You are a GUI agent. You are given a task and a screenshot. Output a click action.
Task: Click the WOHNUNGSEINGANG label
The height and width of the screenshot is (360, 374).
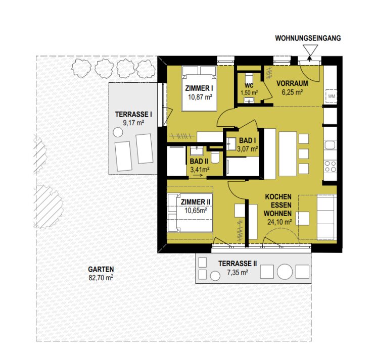click(x=308, y=38)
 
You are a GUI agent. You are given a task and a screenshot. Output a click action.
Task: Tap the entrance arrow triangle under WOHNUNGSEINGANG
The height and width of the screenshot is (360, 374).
click(x=310, y=50)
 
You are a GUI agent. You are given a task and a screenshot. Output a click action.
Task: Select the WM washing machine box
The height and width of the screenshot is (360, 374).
click(x=332, y=96)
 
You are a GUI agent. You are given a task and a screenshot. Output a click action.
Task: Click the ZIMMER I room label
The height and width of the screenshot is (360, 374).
click(x=199, y=88)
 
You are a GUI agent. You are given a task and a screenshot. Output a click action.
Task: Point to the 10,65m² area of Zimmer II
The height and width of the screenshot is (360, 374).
click(x=196, y=211)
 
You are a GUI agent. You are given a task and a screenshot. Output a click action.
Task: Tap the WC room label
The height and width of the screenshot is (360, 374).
click(x=249, y=85)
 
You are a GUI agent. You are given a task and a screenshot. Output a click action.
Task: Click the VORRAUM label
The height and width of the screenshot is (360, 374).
click(x=292, y=83)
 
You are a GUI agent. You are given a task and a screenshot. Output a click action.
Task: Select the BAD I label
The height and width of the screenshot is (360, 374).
click(x=248, y=140)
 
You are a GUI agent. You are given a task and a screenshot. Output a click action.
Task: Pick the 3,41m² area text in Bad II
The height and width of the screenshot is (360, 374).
click(x=200, y=170)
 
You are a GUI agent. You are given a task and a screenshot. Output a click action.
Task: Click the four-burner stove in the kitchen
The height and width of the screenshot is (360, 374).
click(x=331, y=166)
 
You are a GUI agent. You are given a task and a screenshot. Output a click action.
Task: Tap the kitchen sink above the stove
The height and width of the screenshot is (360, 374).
click(x=331, y=145)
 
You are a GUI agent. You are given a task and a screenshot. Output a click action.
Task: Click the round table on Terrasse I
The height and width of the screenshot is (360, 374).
click(x=118, y=132)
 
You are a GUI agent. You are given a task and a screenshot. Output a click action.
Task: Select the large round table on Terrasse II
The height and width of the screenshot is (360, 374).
click(x=285, y=272)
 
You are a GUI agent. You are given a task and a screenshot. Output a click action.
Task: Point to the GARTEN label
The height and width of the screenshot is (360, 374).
click(x=101, y=270)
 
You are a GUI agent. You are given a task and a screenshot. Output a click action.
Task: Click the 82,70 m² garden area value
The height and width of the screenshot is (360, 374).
click(x=101, y=278)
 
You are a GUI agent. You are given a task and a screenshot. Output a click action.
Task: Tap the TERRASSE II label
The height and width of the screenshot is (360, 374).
click(x=238, y=264)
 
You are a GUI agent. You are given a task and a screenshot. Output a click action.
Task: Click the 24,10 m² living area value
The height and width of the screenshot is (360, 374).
click(x=279, y=222)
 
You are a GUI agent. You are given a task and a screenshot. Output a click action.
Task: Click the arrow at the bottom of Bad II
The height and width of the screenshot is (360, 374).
click(x=198, y=176)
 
